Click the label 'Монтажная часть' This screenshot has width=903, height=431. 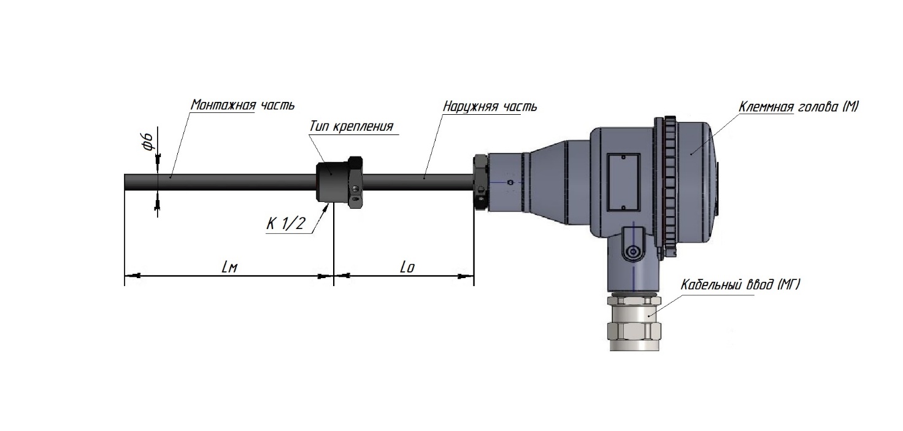[x=242, y=104]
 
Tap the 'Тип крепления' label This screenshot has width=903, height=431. [x=350, y=126]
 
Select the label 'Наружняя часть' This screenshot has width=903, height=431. [x=490, y=106]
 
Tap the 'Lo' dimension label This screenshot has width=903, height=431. [x=407, y=267]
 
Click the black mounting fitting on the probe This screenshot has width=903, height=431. [x=334, y=182]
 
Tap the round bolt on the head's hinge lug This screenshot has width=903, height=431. [x=631, y=251]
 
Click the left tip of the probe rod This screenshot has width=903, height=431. [x=126, y=182]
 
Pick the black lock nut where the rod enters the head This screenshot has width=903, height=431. [x=480, y=182]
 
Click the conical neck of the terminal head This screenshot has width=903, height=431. [x=546, y=182]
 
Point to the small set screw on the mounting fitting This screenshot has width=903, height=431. [x=356, y=201]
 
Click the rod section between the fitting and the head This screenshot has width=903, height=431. [x=417, y=182]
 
